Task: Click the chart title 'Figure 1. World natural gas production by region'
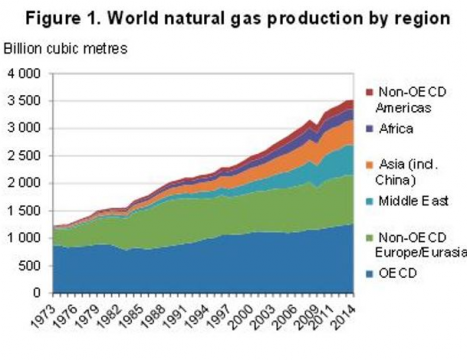pos(233,18)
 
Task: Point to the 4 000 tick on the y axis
pos(26,74)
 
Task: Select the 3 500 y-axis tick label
pos(26,101)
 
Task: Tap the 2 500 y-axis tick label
pos(26,156)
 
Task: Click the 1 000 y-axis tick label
pos(26,238)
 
